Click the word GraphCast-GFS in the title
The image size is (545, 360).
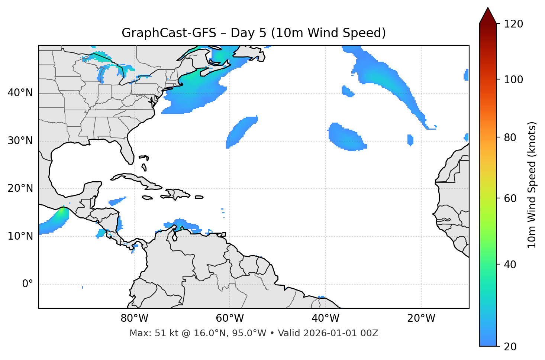point(169,33)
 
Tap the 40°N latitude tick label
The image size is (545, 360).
point(20,93)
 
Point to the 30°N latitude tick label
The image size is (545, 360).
point(20,141)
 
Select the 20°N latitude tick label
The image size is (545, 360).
point(20,188)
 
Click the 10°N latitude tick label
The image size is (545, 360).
point(20,236)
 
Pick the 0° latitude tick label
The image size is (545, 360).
point(28,284)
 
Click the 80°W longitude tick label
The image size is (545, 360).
point(134,318)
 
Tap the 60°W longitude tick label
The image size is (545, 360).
point(230,318)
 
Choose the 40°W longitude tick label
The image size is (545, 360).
point(325,318)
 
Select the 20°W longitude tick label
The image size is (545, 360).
point(421,318)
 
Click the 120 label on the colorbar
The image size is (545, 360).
point(513,24)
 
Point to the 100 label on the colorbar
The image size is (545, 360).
point(513,80)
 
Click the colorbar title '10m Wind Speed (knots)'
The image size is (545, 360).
point(532,185)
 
